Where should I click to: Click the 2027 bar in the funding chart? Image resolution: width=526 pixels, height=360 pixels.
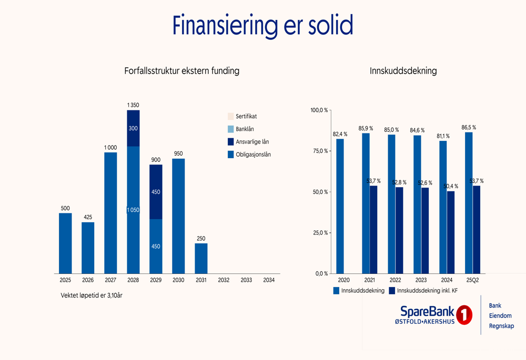pos(110,213)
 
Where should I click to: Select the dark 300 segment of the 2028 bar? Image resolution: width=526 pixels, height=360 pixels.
pos(133,128)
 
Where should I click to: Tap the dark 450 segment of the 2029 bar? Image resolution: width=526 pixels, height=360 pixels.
pos(156,192)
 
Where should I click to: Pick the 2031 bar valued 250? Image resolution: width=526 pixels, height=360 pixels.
pos(201,258)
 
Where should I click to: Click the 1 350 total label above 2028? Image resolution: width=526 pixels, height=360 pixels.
pos(133,106)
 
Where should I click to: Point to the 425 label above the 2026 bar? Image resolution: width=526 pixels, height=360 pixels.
pos(88,216)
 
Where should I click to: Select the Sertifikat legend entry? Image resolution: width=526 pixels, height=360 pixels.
pos(246,117)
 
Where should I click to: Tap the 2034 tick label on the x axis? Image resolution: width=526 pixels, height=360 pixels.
pos(268,280)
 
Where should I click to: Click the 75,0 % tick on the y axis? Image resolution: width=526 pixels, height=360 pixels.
pos(319,151)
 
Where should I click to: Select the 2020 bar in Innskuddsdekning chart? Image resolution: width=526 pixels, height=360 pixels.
pos(340,206)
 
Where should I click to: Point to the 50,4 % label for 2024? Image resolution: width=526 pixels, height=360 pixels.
pos(451,186)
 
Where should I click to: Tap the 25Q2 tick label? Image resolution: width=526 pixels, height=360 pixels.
pos(472,280)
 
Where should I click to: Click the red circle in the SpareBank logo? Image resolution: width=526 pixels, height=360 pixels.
pos(464,315)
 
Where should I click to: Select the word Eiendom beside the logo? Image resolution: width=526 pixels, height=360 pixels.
pos(500,316)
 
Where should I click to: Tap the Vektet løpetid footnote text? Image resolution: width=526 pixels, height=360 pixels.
pos(92,295)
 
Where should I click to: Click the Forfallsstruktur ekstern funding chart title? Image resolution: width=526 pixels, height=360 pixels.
pos(182,70)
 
